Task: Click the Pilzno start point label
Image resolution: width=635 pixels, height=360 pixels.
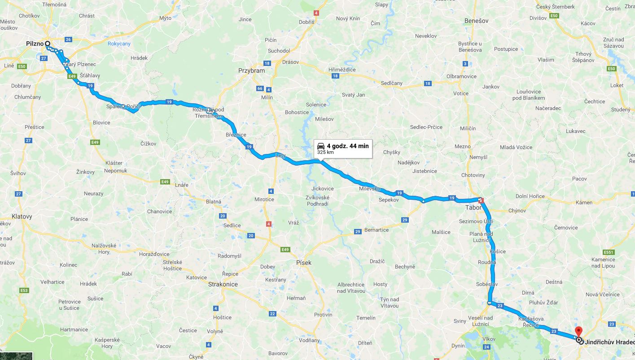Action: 35,44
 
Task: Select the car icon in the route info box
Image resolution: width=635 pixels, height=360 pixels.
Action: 321,146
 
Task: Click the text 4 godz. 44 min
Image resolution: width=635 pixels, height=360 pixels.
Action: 348,146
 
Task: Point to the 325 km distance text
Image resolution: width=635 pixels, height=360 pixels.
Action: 325,153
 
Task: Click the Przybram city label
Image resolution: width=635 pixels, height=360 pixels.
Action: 251,70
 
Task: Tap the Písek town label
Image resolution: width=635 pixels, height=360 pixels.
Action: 304,263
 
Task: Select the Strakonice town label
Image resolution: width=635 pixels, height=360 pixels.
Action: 223,284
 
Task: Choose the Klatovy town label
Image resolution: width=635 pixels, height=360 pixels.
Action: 22,216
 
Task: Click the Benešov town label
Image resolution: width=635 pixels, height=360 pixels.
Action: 476,21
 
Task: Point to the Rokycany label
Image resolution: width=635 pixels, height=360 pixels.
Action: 119,44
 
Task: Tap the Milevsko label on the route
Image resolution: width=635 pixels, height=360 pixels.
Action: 369,189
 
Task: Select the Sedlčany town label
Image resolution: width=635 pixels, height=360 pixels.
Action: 391,83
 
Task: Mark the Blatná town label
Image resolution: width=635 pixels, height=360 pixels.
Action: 213,202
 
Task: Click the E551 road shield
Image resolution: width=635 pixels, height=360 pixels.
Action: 608,252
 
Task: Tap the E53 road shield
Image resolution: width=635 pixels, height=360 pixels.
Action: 24,290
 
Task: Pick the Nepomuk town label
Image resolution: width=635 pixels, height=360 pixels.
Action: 116,171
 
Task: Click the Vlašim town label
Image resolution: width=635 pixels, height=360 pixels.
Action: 546,60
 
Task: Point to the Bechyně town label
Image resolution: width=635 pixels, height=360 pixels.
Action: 405,267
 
